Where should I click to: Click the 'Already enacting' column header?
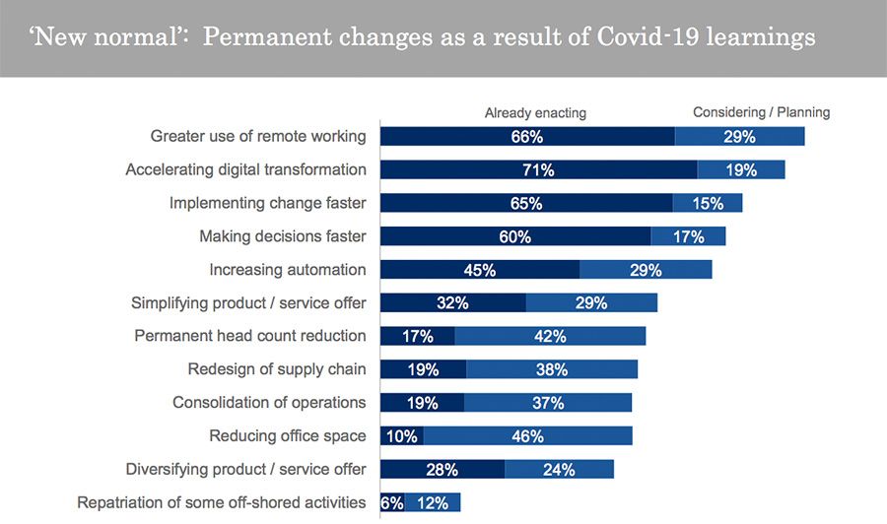[x=535, y=113]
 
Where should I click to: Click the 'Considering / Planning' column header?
[x=761, y=112]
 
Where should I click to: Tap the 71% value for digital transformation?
[x=538, y=170]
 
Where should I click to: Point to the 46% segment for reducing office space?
[x=527, y=435]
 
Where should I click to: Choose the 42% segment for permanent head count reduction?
[x=550, y=336]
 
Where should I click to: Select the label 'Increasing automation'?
[x=288, y=270]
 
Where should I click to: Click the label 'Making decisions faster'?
[x=283, y=236]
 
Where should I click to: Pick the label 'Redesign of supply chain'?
[x=277, y=369]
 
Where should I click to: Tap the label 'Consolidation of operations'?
[x=269, y=403]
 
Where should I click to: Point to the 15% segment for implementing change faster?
[x=708, y=203]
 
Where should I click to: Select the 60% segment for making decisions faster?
[x=514, y=236]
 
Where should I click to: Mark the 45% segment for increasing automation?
[x=479, y=270]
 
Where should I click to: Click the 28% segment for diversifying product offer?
[x=442, y=469]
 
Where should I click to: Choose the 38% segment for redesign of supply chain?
[x=552, y=369]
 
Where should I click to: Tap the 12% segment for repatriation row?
[x=433, y=502]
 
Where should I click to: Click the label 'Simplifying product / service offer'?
[x=248, y=303]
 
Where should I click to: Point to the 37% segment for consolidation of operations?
[x=548, y=403]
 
